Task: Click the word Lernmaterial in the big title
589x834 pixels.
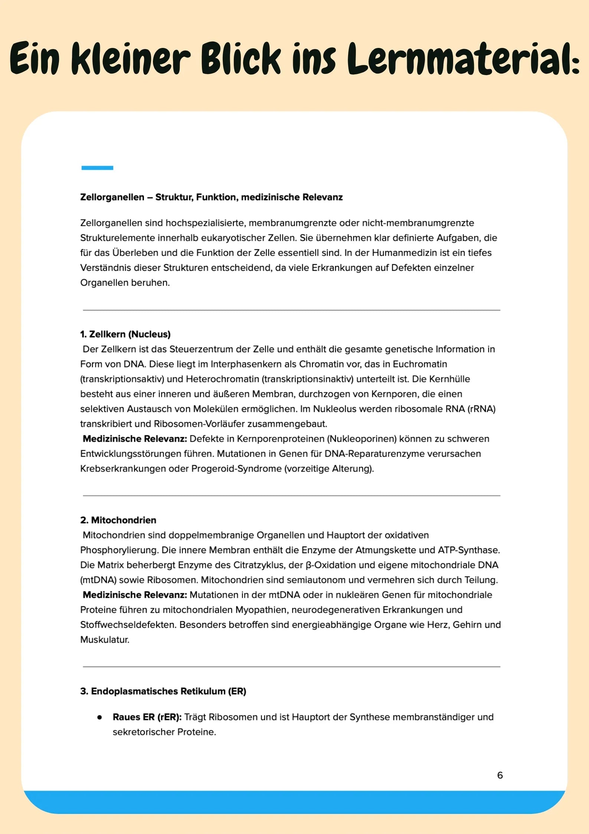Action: coord(462,59)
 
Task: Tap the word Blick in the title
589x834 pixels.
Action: coord(241,59)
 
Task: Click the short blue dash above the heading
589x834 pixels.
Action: coord(97,168)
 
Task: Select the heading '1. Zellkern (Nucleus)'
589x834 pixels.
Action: coord(125,334)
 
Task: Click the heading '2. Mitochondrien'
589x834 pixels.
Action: coord(118,520)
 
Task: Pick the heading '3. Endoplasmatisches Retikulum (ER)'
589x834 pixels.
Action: coord(163,691)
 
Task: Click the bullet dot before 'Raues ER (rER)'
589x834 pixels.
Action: coord(99,717)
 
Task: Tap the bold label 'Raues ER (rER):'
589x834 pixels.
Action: coord(147,717)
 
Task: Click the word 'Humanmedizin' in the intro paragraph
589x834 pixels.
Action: coord(404,253)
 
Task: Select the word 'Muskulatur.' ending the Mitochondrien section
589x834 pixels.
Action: coord(105,640)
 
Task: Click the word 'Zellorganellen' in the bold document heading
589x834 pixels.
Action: coord(112,197)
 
